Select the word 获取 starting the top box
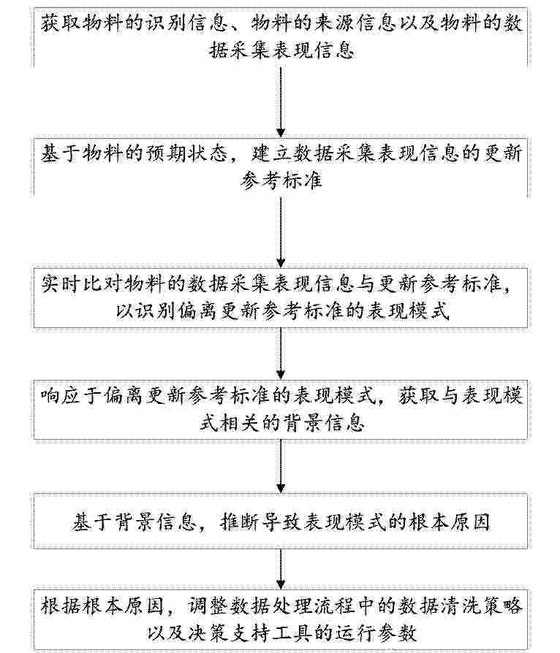61,23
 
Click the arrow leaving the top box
281,102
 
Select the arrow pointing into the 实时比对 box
281,232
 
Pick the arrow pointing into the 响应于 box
281,354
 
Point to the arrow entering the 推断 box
281,466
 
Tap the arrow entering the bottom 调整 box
281,569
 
